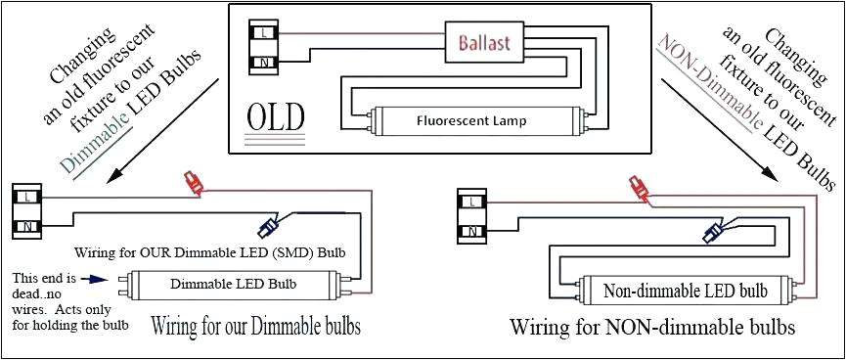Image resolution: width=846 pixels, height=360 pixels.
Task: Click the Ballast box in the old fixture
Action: [486, 43]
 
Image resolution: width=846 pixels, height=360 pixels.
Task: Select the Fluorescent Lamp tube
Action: [471, 121]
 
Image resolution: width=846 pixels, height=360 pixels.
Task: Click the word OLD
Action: [275, 117]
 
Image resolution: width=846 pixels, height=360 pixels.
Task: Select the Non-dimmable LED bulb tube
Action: [685, 291]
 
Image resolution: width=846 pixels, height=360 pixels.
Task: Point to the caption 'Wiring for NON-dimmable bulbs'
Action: [652, 327]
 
